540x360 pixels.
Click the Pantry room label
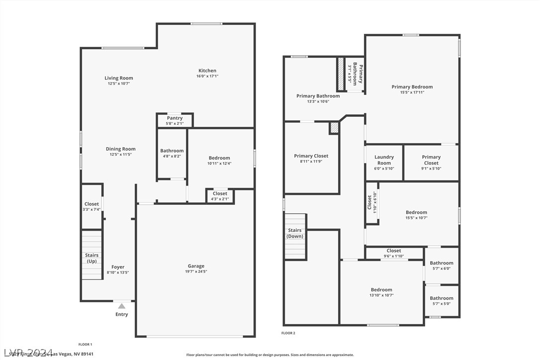(175, 118)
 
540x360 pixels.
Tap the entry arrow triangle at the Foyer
(122, 306)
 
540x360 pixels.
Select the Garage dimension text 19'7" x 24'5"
(196, 271)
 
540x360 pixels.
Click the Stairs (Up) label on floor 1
(92, 258)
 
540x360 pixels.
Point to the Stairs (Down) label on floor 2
(295, 233)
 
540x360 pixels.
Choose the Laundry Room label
(384, 160)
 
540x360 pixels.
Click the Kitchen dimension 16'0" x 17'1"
(207, 76)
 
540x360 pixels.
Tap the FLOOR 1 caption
(85, 344)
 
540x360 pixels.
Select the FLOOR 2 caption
(288, 333)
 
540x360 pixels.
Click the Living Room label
(119, 78)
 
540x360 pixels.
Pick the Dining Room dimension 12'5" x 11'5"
(120, 155)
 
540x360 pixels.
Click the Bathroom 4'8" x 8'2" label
(172, 151)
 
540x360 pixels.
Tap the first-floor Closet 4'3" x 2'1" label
(220, 193)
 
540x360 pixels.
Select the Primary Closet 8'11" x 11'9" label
(311, 156)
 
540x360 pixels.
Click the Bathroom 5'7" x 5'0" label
(442, 298)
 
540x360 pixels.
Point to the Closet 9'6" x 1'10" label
(394, 251)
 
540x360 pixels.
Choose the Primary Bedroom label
(412, 87)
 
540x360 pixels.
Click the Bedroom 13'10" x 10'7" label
(381, 290)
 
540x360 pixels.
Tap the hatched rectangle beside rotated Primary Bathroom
(341, 75)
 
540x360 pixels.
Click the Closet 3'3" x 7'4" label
(91, 204)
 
